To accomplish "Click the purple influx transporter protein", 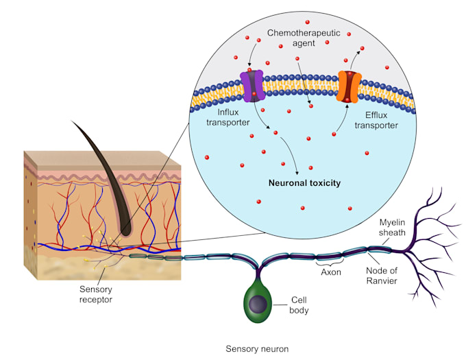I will (x=252, y=86).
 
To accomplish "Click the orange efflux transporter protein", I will (x=349, y=86).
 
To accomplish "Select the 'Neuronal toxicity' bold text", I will (x=305, y=184).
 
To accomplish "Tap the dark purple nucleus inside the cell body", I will (x=258, y=305).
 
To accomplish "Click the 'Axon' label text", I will (x=331, y=272).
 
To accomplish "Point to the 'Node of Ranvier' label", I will (x=382, y=276).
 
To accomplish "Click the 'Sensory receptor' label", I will (x=95, y=294).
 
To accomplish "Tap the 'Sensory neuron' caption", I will (x=257, y=348).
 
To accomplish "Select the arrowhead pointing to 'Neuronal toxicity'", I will (x=297, y=172).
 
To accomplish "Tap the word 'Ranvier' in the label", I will (x=382, y=280).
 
